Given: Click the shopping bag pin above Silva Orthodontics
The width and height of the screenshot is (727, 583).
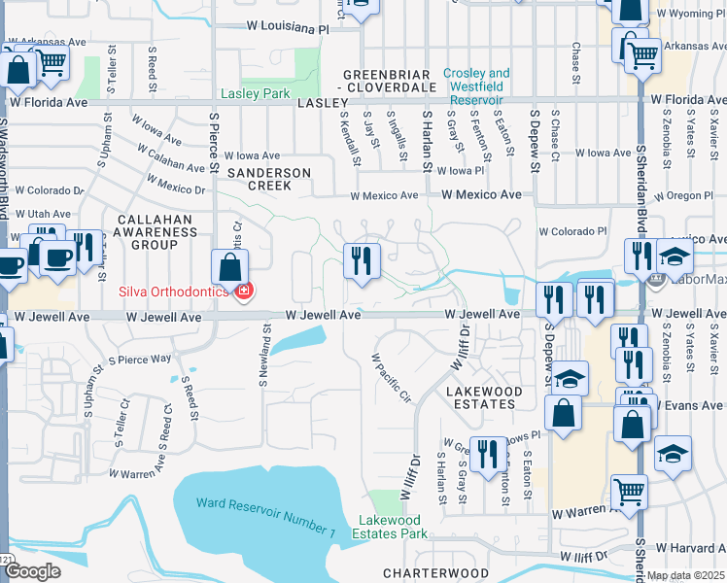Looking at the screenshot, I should click(228, 267).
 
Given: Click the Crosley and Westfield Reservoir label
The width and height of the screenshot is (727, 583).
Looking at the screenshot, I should click(476, 86).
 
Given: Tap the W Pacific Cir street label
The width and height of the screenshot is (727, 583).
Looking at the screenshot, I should click(392, 378).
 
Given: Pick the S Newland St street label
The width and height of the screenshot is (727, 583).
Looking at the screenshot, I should click(263, 355).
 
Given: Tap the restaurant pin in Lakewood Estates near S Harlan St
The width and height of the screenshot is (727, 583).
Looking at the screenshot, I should click(489, 452).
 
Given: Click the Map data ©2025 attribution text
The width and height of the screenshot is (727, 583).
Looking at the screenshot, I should click(685, 575).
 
